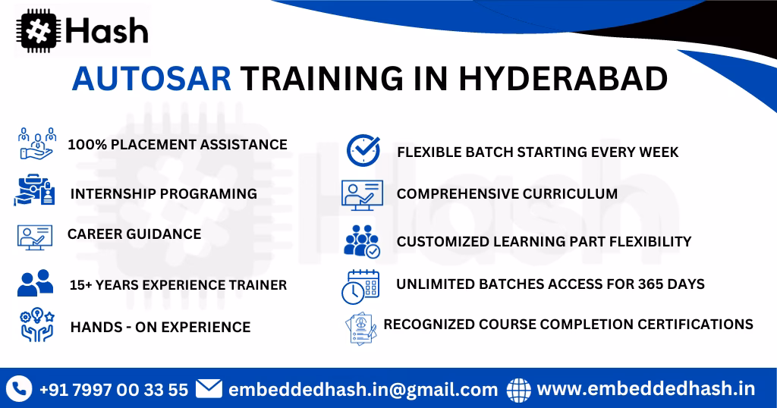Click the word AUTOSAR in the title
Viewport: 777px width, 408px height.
pyautogui.click(x=152, y=79)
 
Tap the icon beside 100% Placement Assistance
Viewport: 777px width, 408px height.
pyautogui.click(x=36, y=143)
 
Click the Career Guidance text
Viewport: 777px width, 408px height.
pyautogui.click(x=134, y=234)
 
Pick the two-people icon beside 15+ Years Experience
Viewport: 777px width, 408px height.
pyautogui.click(x=35, y=283)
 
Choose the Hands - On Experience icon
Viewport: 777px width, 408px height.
pyautogui.click(x=35, y=325)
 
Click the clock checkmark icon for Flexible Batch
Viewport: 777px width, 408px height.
pyautogui.click(x=363, y=150)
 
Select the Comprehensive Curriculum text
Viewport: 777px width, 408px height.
pyautogui.click(x=507, y=194)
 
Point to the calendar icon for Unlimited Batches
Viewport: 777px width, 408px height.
pyautogui.click(x=360, y=286)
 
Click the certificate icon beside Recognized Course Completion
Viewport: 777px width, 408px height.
pyautogui.click(x=362, y=328)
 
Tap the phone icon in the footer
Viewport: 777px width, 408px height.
pyautogui.click(x=18, y=389)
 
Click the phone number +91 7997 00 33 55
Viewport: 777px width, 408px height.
pyautogui.click(x=113, y=390)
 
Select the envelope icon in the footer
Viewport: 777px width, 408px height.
pyautogui.click(x=209, y=389)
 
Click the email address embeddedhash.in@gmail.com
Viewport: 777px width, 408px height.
pyautogui.click(x=363, y=390)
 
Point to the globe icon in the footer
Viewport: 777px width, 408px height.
pyautogui.click(x=519, y=389)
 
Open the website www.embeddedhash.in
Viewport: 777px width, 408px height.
pyautogui.click(x=646, y=389)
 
